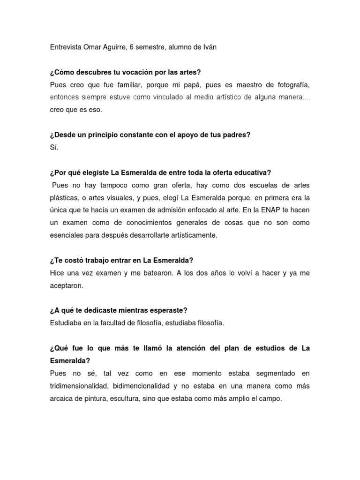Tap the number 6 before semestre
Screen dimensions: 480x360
pos(131,48)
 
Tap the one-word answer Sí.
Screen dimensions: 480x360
pos(54,148)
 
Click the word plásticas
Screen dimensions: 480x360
pos(64,198)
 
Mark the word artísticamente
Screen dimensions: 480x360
pos(192,235)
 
